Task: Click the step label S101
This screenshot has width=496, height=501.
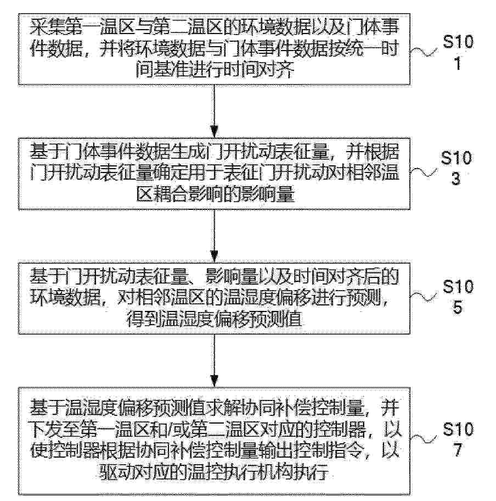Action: [458, 52]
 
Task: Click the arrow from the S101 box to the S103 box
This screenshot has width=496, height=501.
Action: [214, 111]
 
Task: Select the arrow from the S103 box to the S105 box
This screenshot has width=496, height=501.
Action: [214, 236]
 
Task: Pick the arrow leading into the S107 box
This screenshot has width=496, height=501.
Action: [214, 361]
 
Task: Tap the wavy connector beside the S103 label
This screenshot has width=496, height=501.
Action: [423, 173]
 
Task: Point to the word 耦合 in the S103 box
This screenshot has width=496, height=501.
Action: [174, 194]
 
